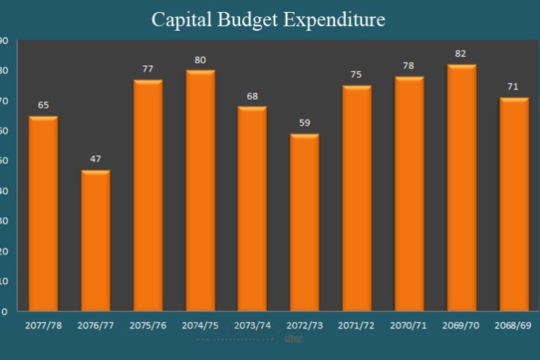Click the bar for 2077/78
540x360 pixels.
click(x=43, y=214)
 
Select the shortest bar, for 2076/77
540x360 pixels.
click(x=95, y=241)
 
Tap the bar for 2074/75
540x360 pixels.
click(x=200, y=191)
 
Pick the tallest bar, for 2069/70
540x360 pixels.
click(x=461, y=188)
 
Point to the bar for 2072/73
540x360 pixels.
click(x=304, y=223)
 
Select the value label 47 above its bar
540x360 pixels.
click(x=95, y=159)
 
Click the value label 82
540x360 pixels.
click(x=461, y=54)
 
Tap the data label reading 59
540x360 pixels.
click(x=304, y=123)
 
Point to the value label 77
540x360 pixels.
click(x=148, y=69)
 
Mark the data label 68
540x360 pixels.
click(x=252, y=96)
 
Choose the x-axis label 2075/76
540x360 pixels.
click(x=148, y=326)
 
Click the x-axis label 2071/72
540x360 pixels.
click(x=357, y=326)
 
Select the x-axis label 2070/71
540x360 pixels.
click(x=409, y=326)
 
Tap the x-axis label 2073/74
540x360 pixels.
click(x=252, y=326)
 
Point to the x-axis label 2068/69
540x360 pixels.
click(x=514, y=326)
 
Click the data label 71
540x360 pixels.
click(x=514, y=87)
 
